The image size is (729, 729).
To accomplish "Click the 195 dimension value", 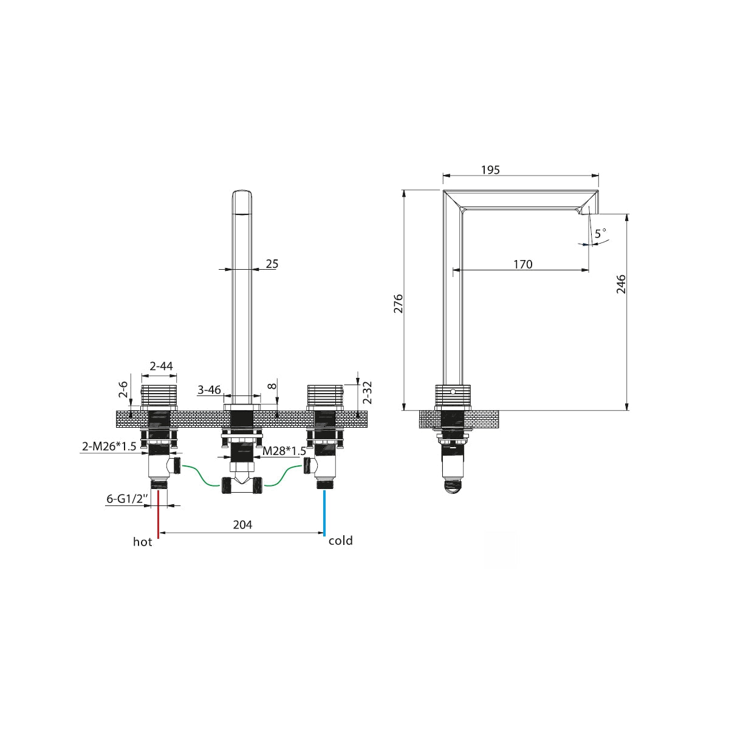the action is click(490, 170).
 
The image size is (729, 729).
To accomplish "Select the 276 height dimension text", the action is click(399, 303).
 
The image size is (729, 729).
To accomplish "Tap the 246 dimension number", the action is click(621, 284).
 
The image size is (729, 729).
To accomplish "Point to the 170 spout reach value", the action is click(523, 264).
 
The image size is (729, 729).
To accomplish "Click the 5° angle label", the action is click(600, 233).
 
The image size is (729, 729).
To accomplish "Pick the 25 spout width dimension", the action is click(272, 264).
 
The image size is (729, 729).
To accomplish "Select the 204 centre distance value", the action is click(242, 524).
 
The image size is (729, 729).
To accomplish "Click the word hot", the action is click(142, 542).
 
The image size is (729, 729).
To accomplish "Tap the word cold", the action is click(340, 541).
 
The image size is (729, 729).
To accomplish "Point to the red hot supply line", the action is click(159, 514).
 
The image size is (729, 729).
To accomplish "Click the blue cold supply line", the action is click(324, 513).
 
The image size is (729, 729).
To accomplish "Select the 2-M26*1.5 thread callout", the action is click(109, 447).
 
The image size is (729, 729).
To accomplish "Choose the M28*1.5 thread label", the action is click(284, 451).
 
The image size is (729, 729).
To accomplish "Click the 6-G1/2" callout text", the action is click(127, 499).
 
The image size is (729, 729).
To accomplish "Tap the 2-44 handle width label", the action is click(161, 366).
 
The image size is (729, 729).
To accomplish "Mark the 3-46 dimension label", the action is click(209, 389).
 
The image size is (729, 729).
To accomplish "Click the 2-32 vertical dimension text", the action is click(368, 392).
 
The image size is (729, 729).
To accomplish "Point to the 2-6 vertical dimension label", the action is click(123, 389).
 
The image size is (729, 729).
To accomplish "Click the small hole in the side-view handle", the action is click(453, 391).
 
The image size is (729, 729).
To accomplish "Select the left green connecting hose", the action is click(202, 476).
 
